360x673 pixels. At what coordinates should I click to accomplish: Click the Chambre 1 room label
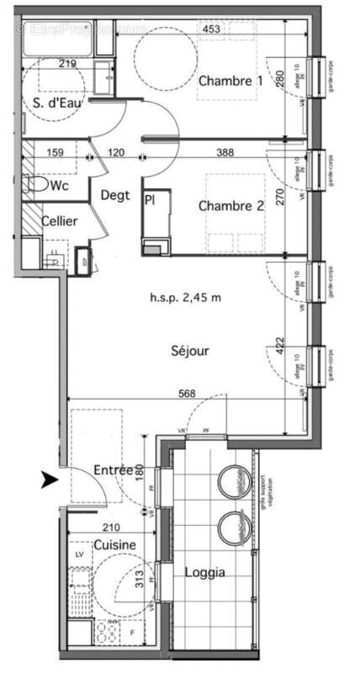(230, 82)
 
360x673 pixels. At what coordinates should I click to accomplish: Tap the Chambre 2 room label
(230, 205)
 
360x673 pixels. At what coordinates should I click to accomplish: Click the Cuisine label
(114, 545)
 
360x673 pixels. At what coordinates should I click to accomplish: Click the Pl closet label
(150, 201)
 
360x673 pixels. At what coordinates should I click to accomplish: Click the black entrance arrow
(50, 480)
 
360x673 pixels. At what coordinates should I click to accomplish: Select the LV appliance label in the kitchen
(79, 556)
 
